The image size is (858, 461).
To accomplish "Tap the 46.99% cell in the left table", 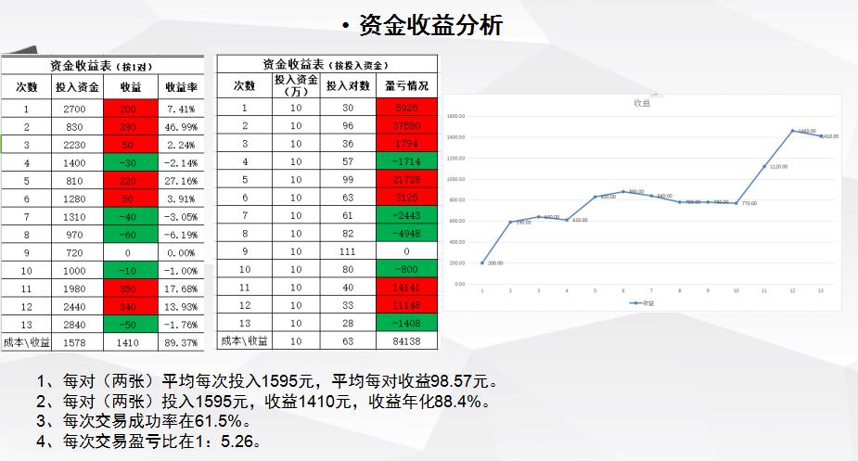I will pos(181,126).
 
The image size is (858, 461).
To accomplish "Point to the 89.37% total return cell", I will pos(181,343).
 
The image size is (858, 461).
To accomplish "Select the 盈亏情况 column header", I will pos(406,85).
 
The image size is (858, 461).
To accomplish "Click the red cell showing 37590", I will pos(406,125).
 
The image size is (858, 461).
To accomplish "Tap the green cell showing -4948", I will pos(406,233).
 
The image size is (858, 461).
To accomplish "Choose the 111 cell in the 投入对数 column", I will pos(349,251).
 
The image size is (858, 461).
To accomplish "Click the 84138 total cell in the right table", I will pos(406,341).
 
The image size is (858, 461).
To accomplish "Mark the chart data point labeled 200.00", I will pos(482,263).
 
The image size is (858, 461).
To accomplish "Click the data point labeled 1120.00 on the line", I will pos(764,167).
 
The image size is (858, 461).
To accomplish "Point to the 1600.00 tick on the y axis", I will pos(455,117).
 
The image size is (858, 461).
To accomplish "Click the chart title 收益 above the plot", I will pos(641,103).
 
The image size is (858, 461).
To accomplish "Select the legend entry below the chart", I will pos(641,302).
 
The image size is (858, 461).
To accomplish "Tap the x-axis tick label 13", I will pos(821,290).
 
